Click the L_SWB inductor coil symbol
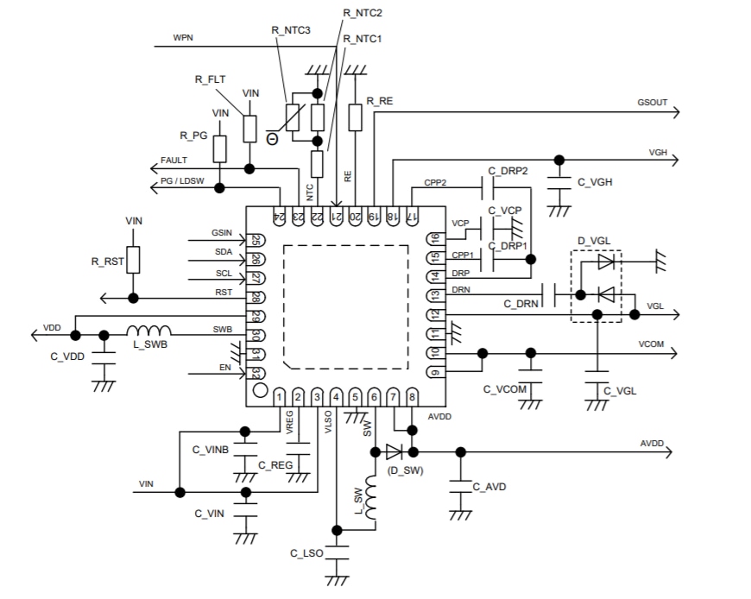point(149,331)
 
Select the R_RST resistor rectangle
point(133,259)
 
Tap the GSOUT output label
point(653,102)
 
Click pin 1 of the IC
point(280,396)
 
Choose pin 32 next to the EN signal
point(256,373)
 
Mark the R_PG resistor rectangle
point(220,148)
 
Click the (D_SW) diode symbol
point(394,451)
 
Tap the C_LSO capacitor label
point(306,552)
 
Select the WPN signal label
point(183,38)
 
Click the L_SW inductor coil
point(374,501)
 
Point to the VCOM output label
point(652,343)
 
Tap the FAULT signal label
point(174,161)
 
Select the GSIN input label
point(223,233)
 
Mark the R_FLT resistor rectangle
point(249,127)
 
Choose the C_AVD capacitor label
point(489,487)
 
